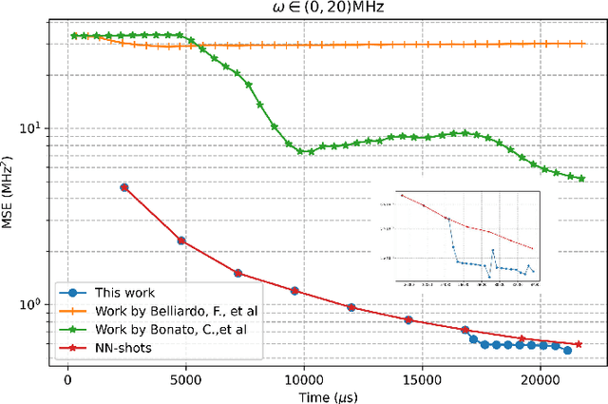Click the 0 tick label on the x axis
point(67,376)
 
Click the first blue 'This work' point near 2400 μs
point(124,187)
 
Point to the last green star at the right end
point(581,178)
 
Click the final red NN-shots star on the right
point(579,344)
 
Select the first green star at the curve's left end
point(74,36)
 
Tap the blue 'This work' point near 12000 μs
point(351,307)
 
